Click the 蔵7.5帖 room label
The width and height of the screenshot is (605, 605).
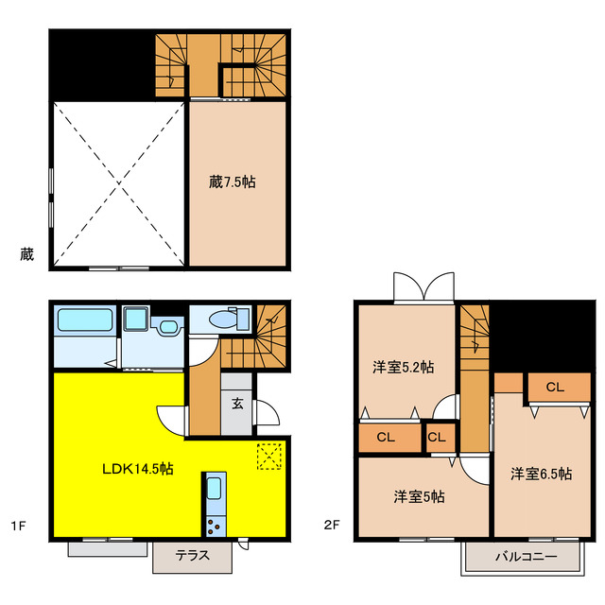click(233, 181)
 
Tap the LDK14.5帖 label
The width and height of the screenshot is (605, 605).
click(138, 469)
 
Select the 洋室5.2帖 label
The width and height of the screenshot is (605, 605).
click(404, 367)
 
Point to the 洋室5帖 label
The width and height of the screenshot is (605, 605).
click(419, 496)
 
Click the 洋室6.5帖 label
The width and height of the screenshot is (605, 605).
click(542, 474)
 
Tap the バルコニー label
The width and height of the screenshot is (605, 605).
click(527, 557)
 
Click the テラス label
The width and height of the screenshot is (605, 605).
click(193, 555)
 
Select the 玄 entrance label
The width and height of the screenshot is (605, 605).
click(237, 404)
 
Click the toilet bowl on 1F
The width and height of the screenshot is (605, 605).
click(223, 320)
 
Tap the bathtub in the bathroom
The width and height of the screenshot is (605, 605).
click(85, 320)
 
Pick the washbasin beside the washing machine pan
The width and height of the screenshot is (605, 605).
click(168, 327)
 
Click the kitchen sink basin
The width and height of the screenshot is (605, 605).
click(215, 488)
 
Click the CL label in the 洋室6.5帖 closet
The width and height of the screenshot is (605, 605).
click(555, 387)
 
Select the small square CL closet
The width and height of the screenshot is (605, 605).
click(441, 437)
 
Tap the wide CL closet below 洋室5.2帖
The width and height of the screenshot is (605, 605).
click(389, 437)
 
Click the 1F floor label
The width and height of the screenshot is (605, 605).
click(18, 526)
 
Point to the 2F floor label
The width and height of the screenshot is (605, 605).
click(332, 525)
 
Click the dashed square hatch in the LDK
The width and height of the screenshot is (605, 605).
click(268, 457)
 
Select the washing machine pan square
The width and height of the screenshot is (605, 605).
click(136, 319)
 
